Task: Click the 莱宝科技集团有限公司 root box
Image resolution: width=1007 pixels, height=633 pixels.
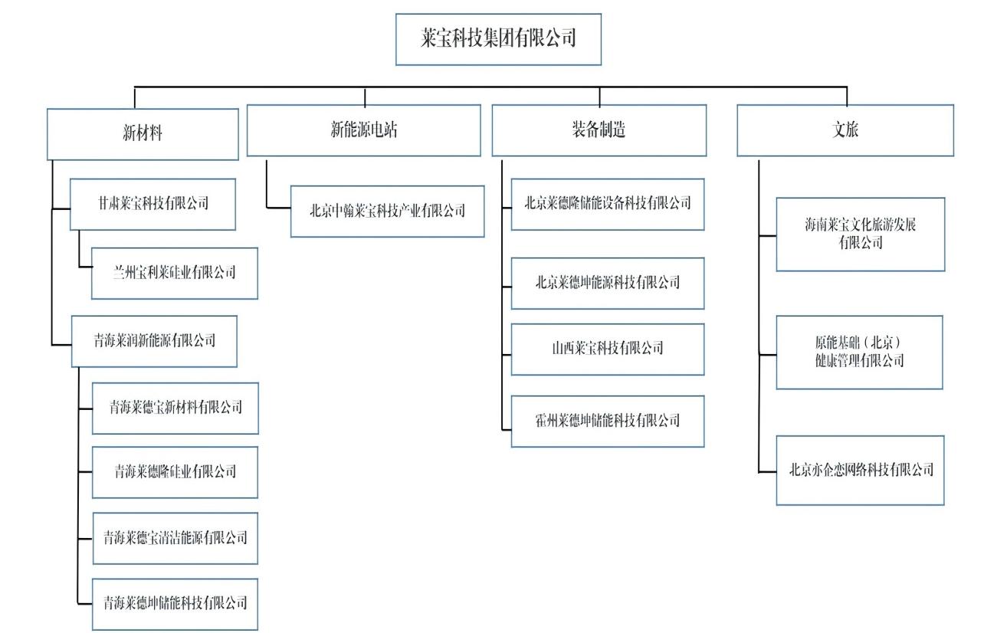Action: click(498, 39)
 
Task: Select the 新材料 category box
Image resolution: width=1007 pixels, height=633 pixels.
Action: click(143, 134)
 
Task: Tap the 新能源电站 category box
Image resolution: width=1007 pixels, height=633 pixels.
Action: click(364, 130)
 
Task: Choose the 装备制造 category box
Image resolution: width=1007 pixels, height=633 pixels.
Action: click(599, 130)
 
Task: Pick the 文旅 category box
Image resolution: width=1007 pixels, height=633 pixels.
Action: click(845, 130)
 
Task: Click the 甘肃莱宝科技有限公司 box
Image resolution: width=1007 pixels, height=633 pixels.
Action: click(153, 204)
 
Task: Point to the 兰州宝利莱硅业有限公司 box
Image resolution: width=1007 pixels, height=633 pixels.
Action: click(175, 273)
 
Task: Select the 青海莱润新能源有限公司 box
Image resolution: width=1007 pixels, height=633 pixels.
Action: click(154, 341)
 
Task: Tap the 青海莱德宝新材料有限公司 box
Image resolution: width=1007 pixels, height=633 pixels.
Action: click(175, 408)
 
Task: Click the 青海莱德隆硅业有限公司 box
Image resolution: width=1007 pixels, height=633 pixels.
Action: click(175, 472)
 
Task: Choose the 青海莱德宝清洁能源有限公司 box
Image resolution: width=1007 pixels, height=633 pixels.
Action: click(175, 538)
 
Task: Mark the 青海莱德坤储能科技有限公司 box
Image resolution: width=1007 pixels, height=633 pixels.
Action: click(175, 604)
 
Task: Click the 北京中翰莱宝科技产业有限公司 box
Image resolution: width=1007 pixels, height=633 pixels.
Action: click(387, 211)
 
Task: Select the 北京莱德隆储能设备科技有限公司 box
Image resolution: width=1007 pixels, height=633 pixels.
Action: click(608, 204)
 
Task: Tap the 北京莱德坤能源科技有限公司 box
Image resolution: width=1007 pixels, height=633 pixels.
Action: click(608, 284)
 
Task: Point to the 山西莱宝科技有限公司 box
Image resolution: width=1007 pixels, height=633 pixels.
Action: click(608, 349)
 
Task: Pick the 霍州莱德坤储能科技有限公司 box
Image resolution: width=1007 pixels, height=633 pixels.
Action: click(608, 421)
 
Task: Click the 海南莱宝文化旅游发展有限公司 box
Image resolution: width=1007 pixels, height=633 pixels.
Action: click(861, 235)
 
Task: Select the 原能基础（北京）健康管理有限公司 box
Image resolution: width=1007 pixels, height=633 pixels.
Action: click(859, 352)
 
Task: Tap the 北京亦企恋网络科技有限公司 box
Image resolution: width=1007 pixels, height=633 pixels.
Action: click(860, 471)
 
